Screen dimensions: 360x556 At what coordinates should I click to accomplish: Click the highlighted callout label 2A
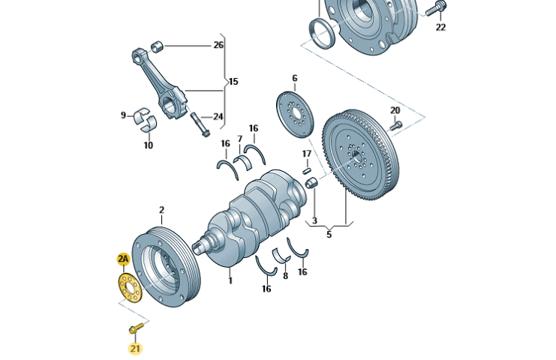pyautogui.click(x=123, y=259)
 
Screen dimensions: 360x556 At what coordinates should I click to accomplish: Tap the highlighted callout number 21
pyautogui.click(x=135, y=348)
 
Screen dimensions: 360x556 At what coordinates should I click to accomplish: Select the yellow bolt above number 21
pyautogui.click(x=136, y=327)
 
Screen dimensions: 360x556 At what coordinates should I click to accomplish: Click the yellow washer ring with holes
pyautogui.click(x=129, y=287)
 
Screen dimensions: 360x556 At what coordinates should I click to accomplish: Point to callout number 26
pyautogui.click(x=218, y=45)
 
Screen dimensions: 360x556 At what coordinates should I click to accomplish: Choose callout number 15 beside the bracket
pyautogui.click(x=233, y=81)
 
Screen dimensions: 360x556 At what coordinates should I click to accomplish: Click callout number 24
pyautogui.click(x=218, y=116)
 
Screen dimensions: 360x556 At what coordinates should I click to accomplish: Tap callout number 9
pyautogui.click(x=124, y=115)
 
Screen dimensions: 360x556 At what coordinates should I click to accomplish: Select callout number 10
pyautogui.click(x=148, y=145)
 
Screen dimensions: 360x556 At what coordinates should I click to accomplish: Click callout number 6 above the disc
pyautogui.click(x=294, y=78)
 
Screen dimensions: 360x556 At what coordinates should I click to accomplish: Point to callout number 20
pyautogui.click(x=395, y=110)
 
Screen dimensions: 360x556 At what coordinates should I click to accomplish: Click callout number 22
pyautogui.click(x=440, y=27)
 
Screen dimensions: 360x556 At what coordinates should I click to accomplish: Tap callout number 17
pyautogui.click(x=306, y=154)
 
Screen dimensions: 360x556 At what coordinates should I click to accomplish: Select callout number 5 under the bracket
pyautogui.click(x=328, y=234)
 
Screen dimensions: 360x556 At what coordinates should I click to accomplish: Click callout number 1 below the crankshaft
pyautogui.click(x=230, y=281)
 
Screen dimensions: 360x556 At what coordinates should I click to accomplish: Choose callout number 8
pyautogui.click(x=284, y=275)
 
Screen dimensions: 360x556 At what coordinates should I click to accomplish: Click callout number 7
pyautogui.click(x=240, y=139)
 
